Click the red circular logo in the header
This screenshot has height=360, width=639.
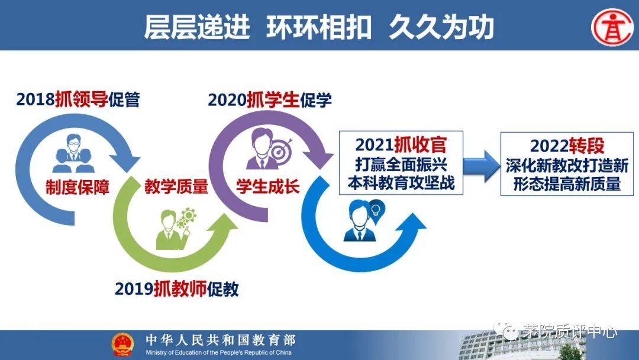pos(612,27)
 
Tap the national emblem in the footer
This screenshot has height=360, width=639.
pos(122,345)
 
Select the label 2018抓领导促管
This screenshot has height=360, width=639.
pos(78,99)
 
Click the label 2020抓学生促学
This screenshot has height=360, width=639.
pos(270,100)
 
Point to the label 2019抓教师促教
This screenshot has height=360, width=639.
pos(177,289)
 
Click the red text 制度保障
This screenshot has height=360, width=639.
pos(78,187)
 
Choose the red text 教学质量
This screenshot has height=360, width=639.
pos(176,187)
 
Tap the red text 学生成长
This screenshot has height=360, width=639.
pos(268,187)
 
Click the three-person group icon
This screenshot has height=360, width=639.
pos(73,153)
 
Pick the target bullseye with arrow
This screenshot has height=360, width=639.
pos(281,150)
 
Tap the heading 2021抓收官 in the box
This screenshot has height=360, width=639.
pos(401,144)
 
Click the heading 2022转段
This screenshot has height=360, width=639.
pos(567,146)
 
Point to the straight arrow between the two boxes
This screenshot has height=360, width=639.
pos(482,166)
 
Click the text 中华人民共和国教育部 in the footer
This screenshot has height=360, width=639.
pos(221,340)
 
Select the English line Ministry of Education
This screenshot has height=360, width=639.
pos(219,352)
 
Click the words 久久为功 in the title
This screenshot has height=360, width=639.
pos(441,28)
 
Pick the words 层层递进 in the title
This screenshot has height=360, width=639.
pos(197,28)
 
